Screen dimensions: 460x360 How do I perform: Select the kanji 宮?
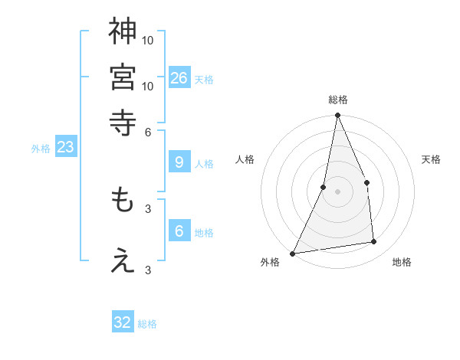coord(123,77)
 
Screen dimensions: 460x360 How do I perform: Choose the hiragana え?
coord(123,261)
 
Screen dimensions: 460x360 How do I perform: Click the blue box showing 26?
coord(179,77)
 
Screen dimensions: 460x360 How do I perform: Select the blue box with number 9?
coord(179,162)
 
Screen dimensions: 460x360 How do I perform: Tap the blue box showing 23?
coord(65,147)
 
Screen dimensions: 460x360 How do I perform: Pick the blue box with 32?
coord(123,322)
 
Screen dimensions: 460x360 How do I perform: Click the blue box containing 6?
coord(179,231)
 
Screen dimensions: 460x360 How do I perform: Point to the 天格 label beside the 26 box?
coord(203,80)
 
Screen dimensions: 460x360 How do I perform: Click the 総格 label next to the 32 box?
coord(147,324)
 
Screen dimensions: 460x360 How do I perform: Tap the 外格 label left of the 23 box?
coord(41,149)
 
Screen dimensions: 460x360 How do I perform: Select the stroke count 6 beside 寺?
coord(148,131)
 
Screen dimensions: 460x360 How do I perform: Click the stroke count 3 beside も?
coord(148,208)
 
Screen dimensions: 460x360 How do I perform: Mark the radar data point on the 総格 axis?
coord(337,116)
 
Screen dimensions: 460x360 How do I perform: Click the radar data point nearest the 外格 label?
coord(293,253)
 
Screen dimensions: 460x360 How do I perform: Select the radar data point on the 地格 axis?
coord(374,242)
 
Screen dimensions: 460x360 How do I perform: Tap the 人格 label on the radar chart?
coord(245,159)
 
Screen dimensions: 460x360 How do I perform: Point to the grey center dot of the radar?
coord(337,191)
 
